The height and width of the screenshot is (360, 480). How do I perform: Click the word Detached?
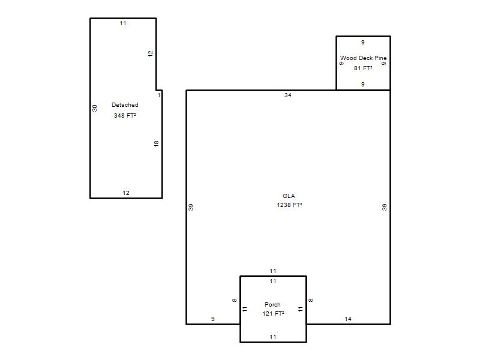tap(125, 104)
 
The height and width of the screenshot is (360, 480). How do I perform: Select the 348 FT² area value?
tap(125, 115)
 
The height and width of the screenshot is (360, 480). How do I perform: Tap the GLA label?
tap(289, 196)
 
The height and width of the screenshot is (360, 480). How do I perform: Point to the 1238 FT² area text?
tap(289, 205)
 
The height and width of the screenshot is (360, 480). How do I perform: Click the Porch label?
tap(272, 305)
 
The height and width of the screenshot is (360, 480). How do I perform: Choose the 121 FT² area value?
tap(273, 313)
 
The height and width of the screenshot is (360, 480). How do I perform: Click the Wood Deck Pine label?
tap(364, 58)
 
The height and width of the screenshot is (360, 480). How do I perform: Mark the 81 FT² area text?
tap(363, 68)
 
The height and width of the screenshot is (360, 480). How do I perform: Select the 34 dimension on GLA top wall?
tap(288, 95)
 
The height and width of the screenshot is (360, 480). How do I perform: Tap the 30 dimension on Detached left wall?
tap(95, 108)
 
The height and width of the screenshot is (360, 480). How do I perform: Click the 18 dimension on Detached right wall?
tap(157, 143)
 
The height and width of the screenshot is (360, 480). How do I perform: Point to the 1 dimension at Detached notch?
tap(159, 95)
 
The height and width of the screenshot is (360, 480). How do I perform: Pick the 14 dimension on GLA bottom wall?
tap(348, 319)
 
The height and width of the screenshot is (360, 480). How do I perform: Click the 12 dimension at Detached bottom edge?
tap(126, 193)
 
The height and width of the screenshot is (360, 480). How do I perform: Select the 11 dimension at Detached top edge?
tap(123, 23)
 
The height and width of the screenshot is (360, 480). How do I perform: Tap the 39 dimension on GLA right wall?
tap(384, 207)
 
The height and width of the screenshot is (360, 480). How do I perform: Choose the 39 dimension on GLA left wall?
tap(191, 207)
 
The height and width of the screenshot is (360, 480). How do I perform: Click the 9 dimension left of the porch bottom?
tap(213, 319)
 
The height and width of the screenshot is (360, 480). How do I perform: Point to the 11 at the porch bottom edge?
tap(273, 337)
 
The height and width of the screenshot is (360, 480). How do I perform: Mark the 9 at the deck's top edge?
tap(363, 42)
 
